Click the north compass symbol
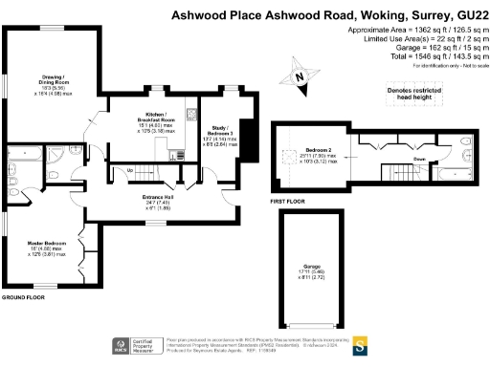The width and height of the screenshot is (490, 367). (300, 76)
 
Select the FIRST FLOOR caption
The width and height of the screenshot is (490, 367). (288, 203)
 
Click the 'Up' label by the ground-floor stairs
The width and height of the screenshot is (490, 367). (130, 170)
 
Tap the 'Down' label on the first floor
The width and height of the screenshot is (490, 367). (419, 160)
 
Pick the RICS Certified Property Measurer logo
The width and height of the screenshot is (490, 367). (133, 345)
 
